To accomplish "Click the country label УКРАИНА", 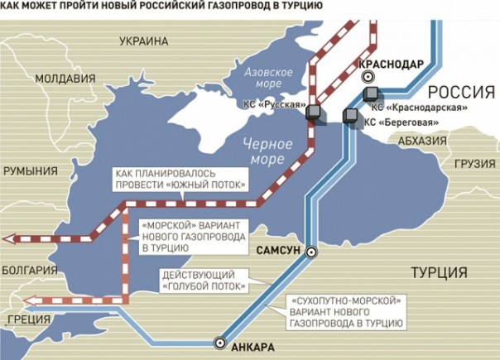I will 143,41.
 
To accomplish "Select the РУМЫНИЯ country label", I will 31,171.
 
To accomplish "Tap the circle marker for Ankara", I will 219,341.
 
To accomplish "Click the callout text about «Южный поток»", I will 180,177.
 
